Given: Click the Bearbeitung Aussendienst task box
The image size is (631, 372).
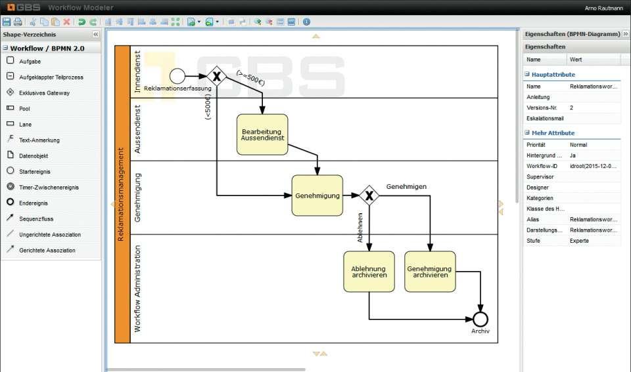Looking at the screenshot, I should click(262, 134).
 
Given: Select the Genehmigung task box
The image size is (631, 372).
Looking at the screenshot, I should click(317, 196).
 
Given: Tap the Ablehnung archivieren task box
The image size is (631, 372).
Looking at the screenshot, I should click(369, 272).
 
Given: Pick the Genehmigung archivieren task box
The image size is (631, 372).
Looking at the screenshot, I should click(430, 272).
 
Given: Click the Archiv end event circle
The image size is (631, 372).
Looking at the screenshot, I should click(480, 319).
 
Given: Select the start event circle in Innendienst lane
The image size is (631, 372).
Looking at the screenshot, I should click(177, 76).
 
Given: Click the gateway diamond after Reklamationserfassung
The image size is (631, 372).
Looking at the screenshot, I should click(216, 76).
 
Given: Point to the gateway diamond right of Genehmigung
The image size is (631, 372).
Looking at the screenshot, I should click(369, 195).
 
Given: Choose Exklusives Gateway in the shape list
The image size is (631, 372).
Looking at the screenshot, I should click(43, 93).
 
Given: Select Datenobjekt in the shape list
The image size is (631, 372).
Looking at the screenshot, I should click(33, 156).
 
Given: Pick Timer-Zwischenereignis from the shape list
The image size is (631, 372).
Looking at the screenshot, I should click(49, 188).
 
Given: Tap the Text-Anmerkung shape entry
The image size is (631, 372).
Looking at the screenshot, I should click(39, 140).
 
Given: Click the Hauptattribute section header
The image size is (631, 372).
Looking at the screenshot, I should click(553, 75).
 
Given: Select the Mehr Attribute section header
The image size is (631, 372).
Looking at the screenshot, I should click(553, 133).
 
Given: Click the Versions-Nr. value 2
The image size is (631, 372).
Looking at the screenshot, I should click(572, 108).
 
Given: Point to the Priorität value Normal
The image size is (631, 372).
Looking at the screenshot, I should click(578, 145).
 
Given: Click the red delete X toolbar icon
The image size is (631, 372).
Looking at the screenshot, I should click(66, 22).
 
